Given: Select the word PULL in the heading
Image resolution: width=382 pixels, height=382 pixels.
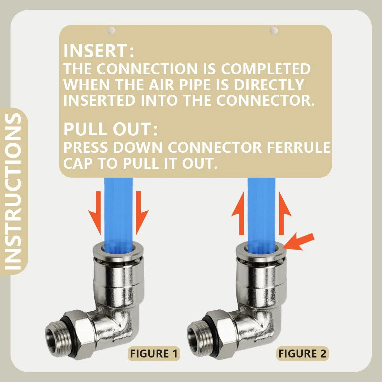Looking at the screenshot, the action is [x=86, y=129].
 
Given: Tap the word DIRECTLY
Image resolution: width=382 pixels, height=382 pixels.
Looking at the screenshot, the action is [x=267, y=85].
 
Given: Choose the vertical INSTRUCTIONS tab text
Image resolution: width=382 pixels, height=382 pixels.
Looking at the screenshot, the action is [x=13, y=191].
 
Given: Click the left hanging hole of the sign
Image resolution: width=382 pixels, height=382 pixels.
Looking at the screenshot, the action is [x=111, y=30].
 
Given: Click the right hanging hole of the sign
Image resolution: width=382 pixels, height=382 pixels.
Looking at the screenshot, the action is [x=274, y=30].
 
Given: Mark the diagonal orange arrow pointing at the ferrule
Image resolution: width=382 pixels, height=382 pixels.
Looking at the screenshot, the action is [x=299, y=241].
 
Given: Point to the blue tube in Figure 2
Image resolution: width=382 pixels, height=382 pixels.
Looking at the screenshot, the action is [x=261, y=210].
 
